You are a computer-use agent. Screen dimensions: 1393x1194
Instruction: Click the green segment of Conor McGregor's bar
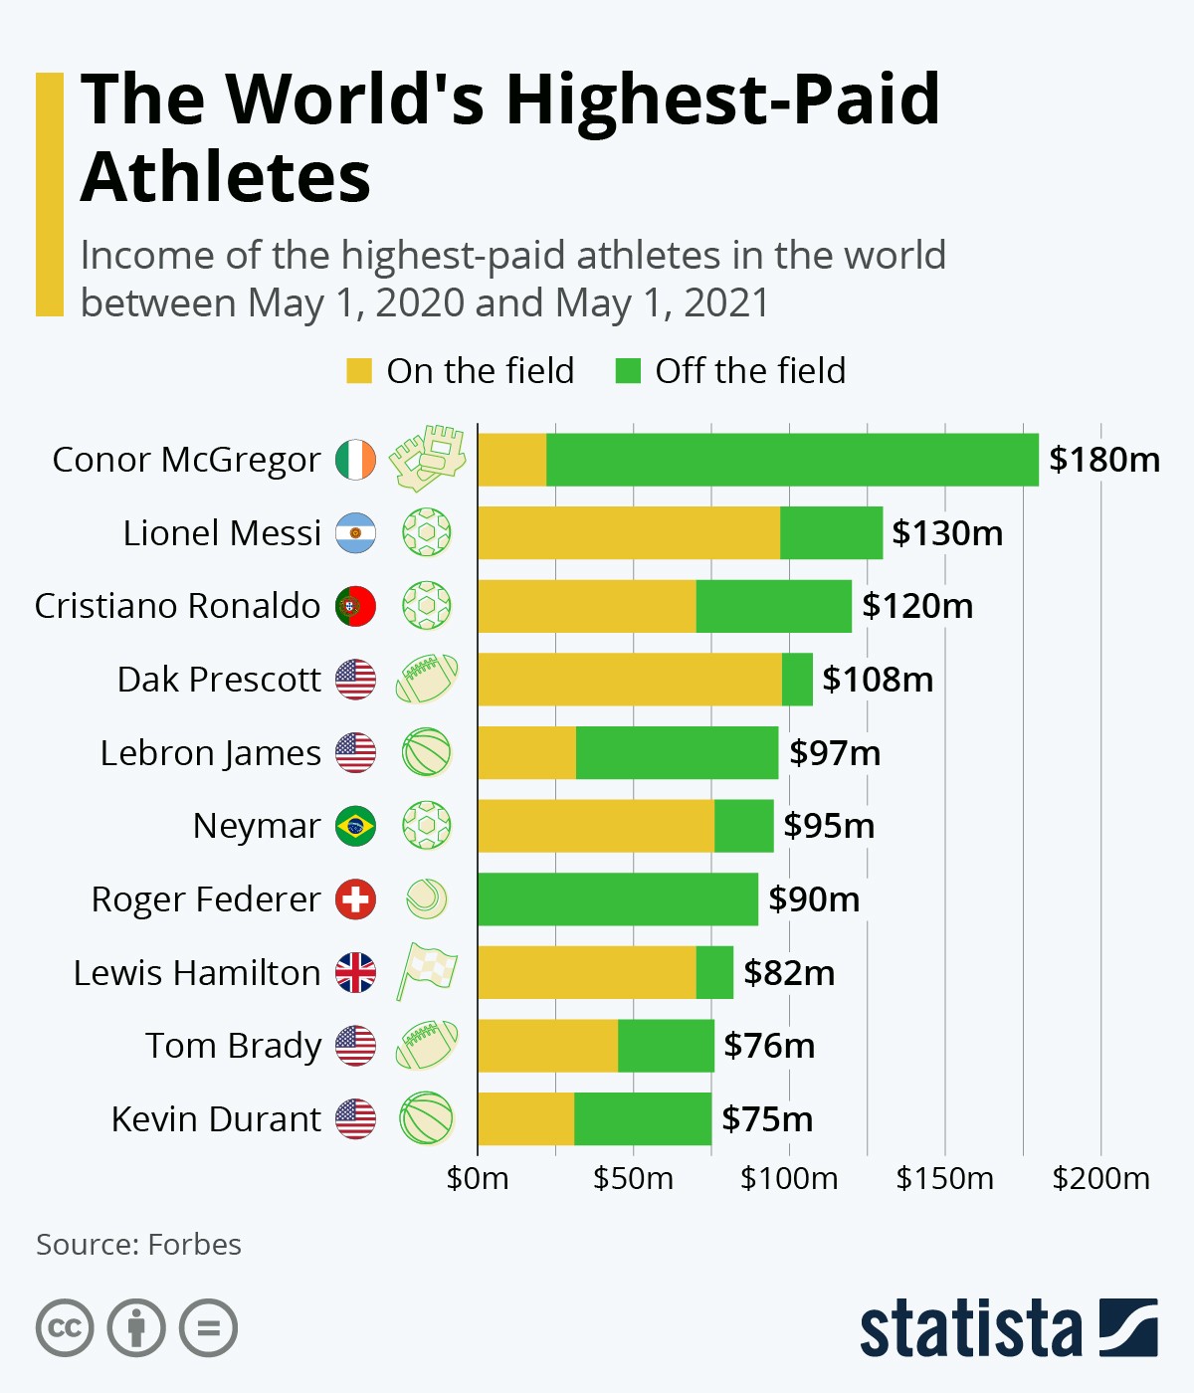(792, 460)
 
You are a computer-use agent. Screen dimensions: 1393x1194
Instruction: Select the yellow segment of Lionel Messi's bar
(629, 533)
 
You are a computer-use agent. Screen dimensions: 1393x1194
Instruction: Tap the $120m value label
(917, 606)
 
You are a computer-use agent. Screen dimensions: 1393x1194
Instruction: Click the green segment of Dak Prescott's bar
(797, 680)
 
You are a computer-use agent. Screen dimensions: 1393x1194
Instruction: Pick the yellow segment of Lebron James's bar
(526, 753)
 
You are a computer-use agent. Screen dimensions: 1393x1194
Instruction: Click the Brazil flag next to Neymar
(355, 826)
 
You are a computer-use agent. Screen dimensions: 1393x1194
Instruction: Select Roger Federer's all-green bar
(618, 899)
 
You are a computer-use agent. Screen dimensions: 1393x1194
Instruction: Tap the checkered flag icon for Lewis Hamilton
(427, 971)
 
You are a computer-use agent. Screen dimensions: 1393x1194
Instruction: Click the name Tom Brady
(234, 1046)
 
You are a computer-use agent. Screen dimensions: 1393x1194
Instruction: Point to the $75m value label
(767, 1119)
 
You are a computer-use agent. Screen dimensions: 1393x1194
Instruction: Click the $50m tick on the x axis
(633, 1179)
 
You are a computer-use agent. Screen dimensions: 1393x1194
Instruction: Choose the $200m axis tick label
(1100, 1179)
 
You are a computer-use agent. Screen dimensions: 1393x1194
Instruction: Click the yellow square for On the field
(358, 371)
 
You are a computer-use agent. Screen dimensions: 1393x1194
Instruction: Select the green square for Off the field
(628, 371)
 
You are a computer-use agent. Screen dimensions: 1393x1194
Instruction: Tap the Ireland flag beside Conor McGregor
(355, 460)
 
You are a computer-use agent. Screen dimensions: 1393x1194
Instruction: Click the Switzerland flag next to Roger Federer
(355, 899)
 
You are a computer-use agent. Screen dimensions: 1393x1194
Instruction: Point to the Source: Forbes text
(138, 1245)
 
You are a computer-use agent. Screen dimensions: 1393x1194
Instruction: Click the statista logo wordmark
(970, 1328)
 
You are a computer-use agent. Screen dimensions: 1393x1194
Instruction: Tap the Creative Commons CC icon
(65, 1328)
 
